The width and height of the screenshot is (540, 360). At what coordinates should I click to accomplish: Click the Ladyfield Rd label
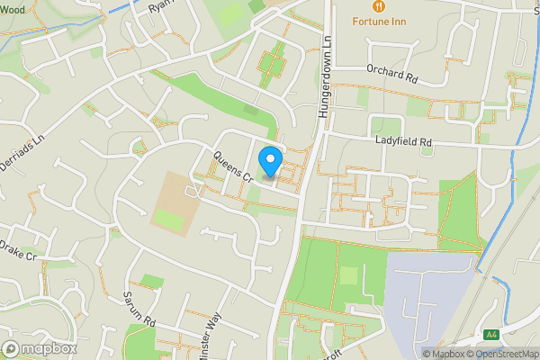coord(405,142)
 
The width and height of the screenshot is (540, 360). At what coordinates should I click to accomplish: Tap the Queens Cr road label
coord(231,167)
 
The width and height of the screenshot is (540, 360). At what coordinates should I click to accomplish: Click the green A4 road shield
coord(490,335)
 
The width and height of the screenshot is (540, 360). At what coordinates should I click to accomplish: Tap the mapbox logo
coord(39,348)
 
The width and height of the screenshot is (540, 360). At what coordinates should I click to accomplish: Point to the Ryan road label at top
coord(160,5)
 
